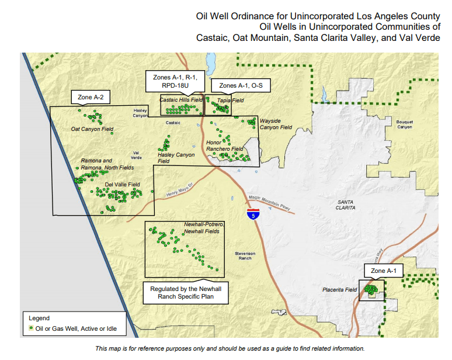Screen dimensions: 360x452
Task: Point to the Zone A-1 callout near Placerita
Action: [x=383, y=271]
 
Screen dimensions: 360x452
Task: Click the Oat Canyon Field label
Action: [x=92, y=129]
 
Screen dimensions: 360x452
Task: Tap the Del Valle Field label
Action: [x=122, y=185]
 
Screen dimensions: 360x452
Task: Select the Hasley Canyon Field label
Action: [x=176, y=158]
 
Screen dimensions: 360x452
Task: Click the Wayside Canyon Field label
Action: [x=276, y=124]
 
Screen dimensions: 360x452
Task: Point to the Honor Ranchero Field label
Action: [x=225, y=146]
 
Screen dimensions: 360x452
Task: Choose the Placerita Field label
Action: [x=339, y=290]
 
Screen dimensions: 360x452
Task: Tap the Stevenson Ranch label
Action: [x=245, y=255]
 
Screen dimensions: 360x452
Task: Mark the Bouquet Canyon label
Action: [x=404, y=124]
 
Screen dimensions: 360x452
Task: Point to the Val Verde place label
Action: [x=136, y=155]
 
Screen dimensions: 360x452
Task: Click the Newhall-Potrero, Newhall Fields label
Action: [x=201, y=228]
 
